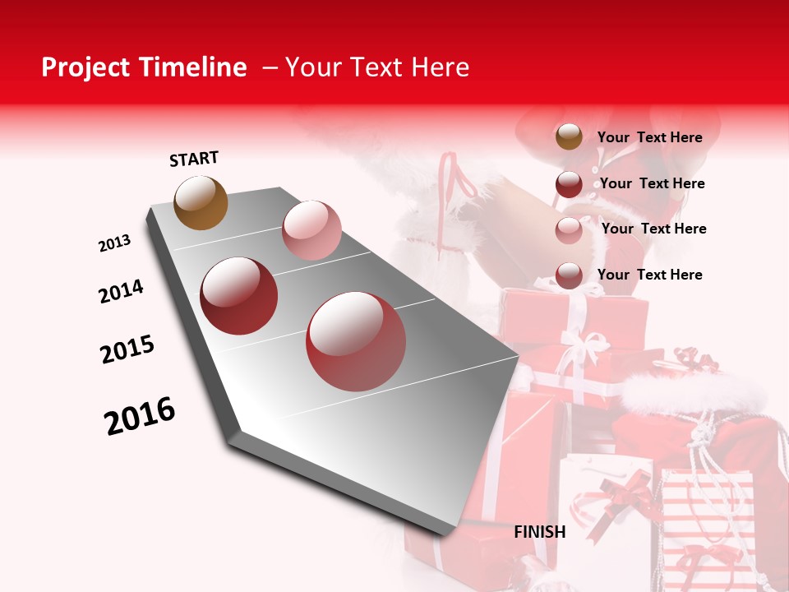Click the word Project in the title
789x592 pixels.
(82, 67)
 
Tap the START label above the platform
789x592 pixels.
(194, 159)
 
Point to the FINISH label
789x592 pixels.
(539, 532)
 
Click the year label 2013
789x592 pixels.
(114, 243)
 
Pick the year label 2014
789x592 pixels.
(121, 291)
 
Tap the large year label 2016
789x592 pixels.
(140, 416)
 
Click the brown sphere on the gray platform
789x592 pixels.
(201, 202)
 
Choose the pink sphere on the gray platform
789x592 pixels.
(311, 230)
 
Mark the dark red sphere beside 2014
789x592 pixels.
(239, 296)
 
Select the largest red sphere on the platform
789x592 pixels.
(356, 341)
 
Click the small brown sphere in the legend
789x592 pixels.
(569, 137)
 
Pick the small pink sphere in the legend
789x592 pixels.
(569, 229)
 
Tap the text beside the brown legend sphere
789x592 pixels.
(649, 137)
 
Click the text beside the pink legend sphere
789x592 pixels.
(653, 229)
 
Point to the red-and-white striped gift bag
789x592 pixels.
(707, 526)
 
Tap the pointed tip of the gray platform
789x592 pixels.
(448, 533)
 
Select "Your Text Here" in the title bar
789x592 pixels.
(376, 67)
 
